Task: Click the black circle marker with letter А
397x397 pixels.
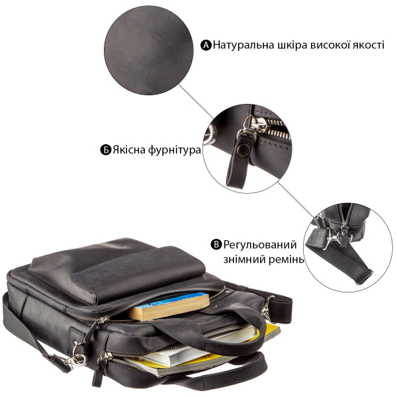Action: pos(206,45)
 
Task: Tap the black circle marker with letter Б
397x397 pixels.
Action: pos(106,150)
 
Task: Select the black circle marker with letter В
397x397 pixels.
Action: pos(216,245)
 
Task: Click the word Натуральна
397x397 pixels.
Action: pos(243,45)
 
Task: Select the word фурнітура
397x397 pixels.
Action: pos(174,150)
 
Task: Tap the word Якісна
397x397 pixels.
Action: pos(129,150)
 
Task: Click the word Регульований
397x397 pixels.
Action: pos(260,245)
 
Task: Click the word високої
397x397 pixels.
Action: pos(330,44)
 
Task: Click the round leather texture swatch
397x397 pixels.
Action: pos(149,50)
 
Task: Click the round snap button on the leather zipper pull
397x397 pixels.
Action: pos(243,150)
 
